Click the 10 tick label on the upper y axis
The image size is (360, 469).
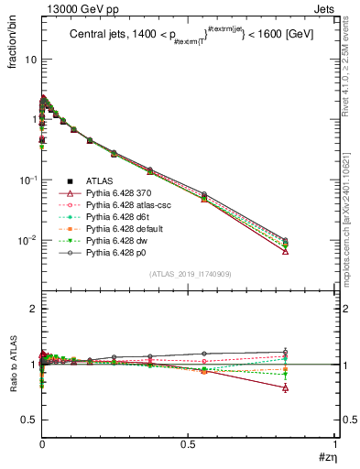click(30, 59)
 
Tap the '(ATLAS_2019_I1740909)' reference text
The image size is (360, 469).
click(188, 275)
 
